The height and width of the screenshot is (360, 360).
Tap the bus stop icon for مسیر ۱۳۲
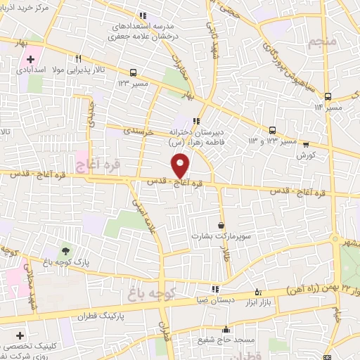click(134, 72)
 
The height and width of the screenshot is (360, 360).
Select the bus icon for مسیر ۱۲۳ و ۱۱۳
click(272, 129)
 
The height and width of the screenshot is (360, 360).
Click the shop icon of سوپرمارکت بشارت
click(222, 226)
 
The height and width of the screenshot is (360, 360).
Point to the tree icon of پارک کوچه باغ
click(66, 250)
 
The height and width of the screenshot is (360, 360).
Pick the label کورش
click(304, 153)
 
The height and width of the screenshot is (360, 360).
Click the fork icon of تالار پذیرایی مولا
click(79, 59)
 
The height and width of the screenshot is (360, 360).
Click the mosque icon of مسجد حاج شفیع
click(226, 329)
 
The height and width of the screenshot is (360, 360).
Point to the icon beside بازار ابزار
click(258, 292)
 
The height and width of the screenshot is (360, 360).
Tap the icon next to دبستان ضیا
click(215, 288)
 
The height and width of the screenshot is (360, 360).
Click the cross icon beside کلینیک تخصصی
click(20, 335)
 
